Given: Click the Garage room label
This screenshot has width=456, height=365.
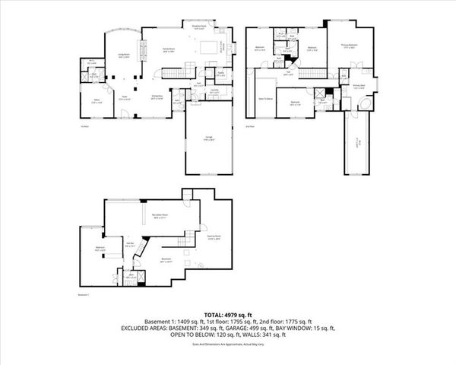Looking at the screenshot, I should (207, 138).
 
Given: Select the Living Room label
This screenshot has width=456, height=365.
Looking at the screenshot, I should (122, 55).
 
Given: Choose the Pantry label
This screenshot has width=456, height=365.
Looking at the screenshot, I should (220, 73).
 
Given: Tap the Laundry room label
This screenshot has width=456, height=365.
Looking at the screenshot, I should (214, 90).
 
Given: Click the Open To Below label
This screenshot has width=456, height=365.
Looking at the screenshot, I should (267, 99).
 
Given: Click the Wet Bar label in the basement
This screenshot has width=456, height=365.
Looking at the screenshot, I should (130, 243).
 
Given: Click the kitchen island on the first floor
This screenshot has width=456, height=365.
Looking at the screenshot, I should (206, 48).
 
